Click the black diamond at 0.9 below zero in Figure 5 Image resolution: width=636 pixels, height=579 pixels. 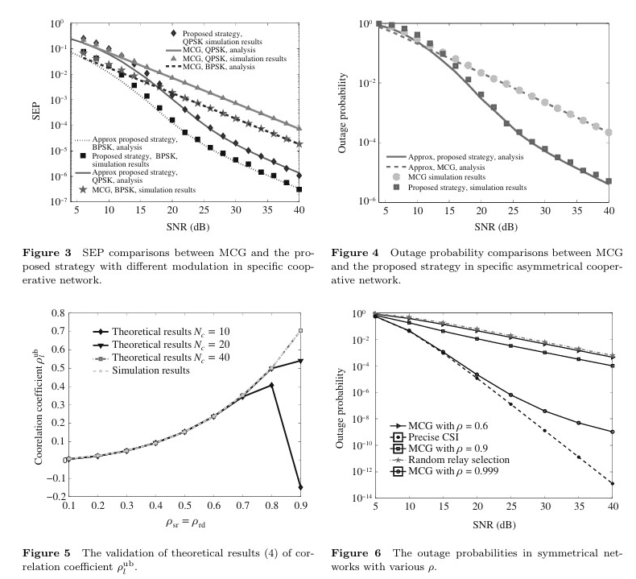pyautogui.click(x=301, y=487)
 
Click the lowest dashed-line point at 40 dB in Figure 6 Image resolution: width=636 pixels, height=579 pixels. pyautogui.click(x=613, y=483)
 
